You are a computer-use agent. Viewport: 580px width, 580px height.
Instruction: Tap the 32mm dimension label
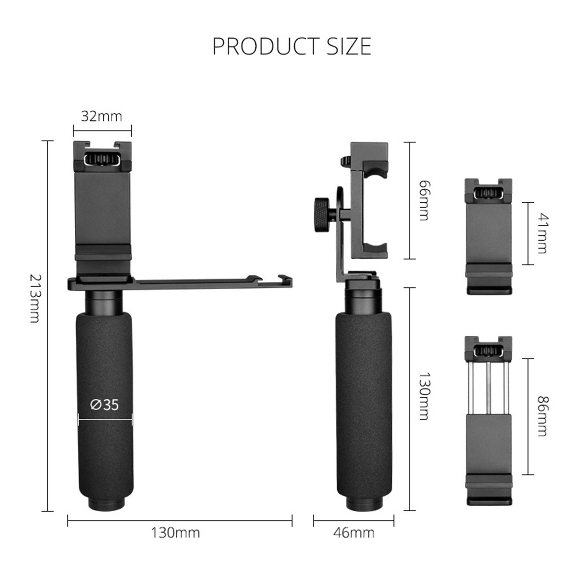pyautogui.click(x=102, y=116)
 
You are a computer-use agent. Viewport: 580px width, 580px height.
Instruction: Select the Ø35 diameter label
pyautogui.click(x=105, y=405)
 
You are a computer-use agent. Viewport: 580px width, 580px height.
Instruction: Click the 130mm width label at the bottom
pyautogui.click(x=175, y=533)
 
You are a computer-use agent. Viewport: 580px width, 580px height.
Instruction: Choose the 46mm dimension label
pyautogui.click(x=354, y=533)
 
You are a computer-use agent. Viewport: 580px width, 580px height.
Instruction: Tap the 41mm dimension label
pyautogui.click(x=542, y=234)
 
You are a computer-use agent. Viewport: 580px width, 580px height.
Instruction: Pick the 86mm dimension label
pyautogui.click(x=542, y=416)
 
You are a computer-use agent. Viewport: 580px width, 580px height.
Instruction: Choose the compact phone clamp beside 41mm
pyautogui.click(x=488, y=237)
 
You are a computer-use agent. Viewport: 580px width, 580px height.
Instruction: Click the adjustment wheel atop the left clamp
pyautogui.click(x=103, y=161)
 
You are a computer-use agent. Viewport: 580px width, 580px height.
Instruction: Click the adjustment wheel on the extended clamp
pyautogui.click(x=488, y=352)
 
